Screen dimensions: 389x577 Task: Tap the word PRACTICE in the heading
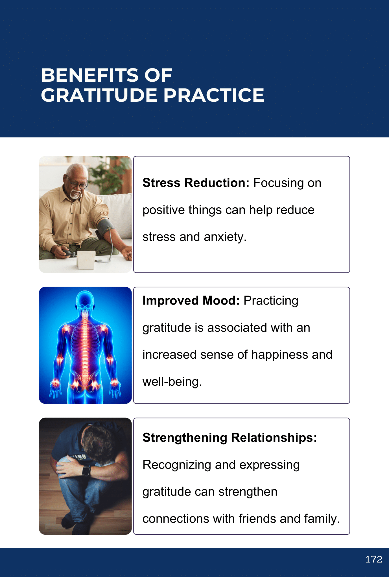pos(214,95)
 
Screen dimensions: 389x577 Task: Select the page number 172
pos(374,559)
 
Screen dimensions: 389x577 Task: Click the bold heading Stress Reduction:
pos(196,183)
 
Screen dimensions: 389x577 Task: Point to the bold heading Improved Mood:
pos(191,301)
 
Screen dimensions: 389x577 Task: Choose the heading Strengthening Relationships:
pos(230,438)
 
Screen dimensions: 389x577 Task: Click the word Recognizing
pos(177,465)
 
